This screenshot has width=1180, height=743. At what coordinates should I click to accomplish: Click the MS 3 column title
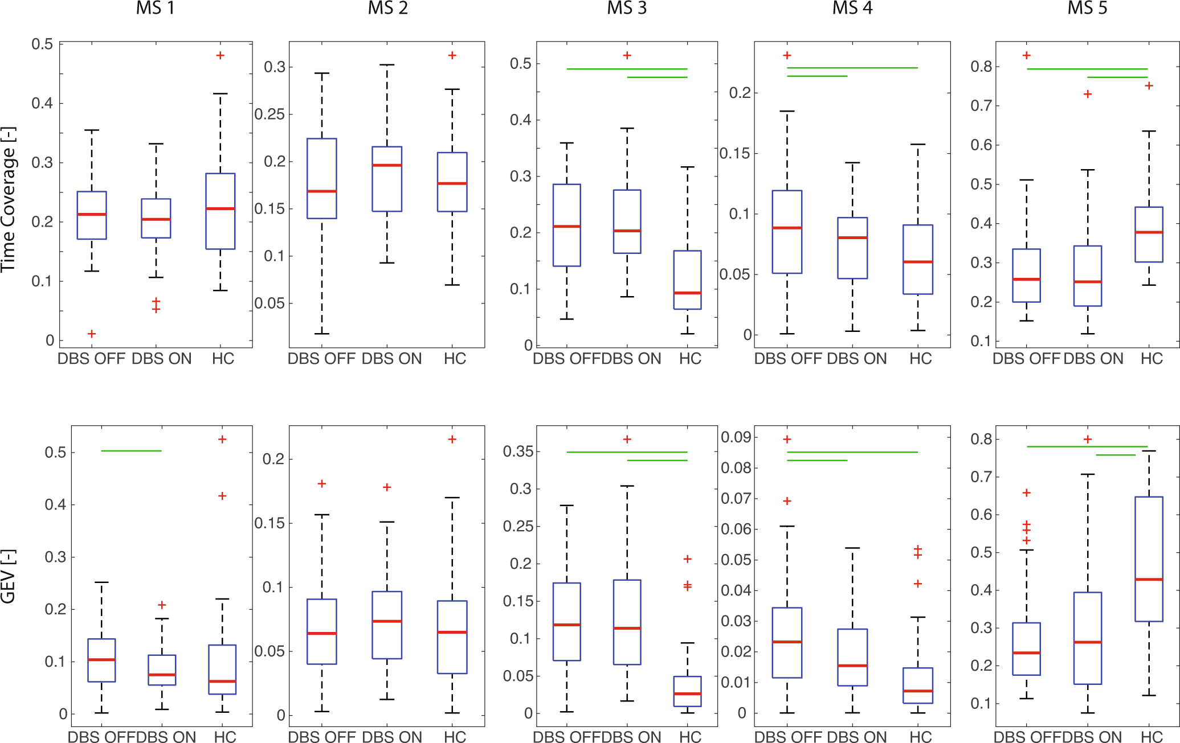tap(626, 9)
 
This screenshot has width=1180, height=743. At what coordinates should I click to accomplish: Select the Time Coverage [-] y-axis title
tap(9, 199)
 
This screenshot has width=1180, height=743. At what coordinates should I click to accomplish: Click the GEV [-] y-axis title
tap(9, 576)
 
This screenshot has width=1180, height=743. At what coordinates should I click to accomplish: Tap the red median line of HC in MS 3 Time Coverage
tap(687, 293)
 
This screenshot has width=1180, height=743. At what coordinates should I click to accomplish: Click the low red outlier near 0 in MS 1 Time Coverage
tap(92, 334)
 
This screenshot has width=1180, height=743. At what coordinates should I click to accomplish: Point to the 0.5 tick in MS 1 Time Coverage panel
tap(42, 44)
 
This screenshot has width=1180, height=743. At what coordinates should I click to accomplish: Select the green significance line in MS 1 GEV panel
tap(131, 451)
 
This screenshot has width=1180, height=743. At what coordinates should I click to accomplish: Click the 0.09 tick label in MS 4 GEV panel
tap(736, 437)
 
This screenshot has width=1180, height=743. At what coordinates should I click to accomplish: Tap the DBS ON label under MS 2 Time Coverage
tap(391, 359)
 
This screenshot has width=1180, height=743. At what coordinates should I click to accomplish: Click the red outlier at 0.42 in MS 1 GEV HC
tap(222, 496)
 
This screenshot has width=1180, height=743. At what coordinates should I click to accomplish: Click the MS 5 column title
tap(1087, 9)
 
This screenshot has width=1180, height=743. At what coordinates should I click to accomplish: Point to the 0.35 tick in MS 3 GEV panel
tap(518, 451)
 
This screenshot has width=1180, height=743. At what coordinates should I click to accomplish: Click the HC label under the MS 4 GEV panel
tap(920, 737)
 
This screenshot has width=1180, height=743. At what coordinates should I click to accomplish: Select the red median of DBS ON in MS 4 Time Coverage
tap(852, 237)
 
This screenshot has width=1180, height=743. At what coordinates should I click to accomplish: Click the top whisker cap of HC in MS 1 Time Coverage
tap(221, 94)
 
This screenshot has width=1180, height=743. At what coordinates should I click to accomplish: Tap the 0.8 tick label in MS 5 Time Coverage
tap(981, 67)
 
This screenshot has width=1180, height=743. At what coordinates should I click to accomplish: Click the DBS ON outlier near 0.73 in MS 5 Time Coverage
tap(1087, 94)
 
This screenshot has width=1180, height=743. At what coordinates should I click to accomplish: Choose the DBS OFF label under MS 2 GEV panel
tap(321, 737)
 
